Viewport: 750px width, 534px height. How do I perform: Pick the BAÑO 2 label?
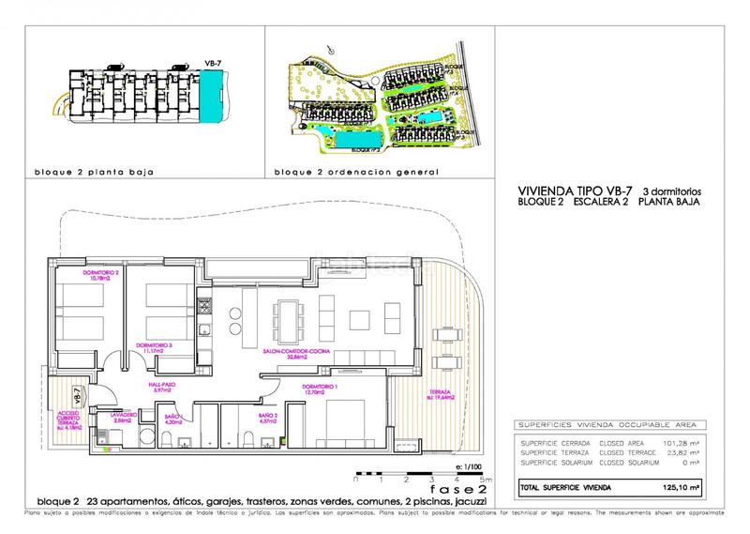pyautogui.click(x=270, y=417)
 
